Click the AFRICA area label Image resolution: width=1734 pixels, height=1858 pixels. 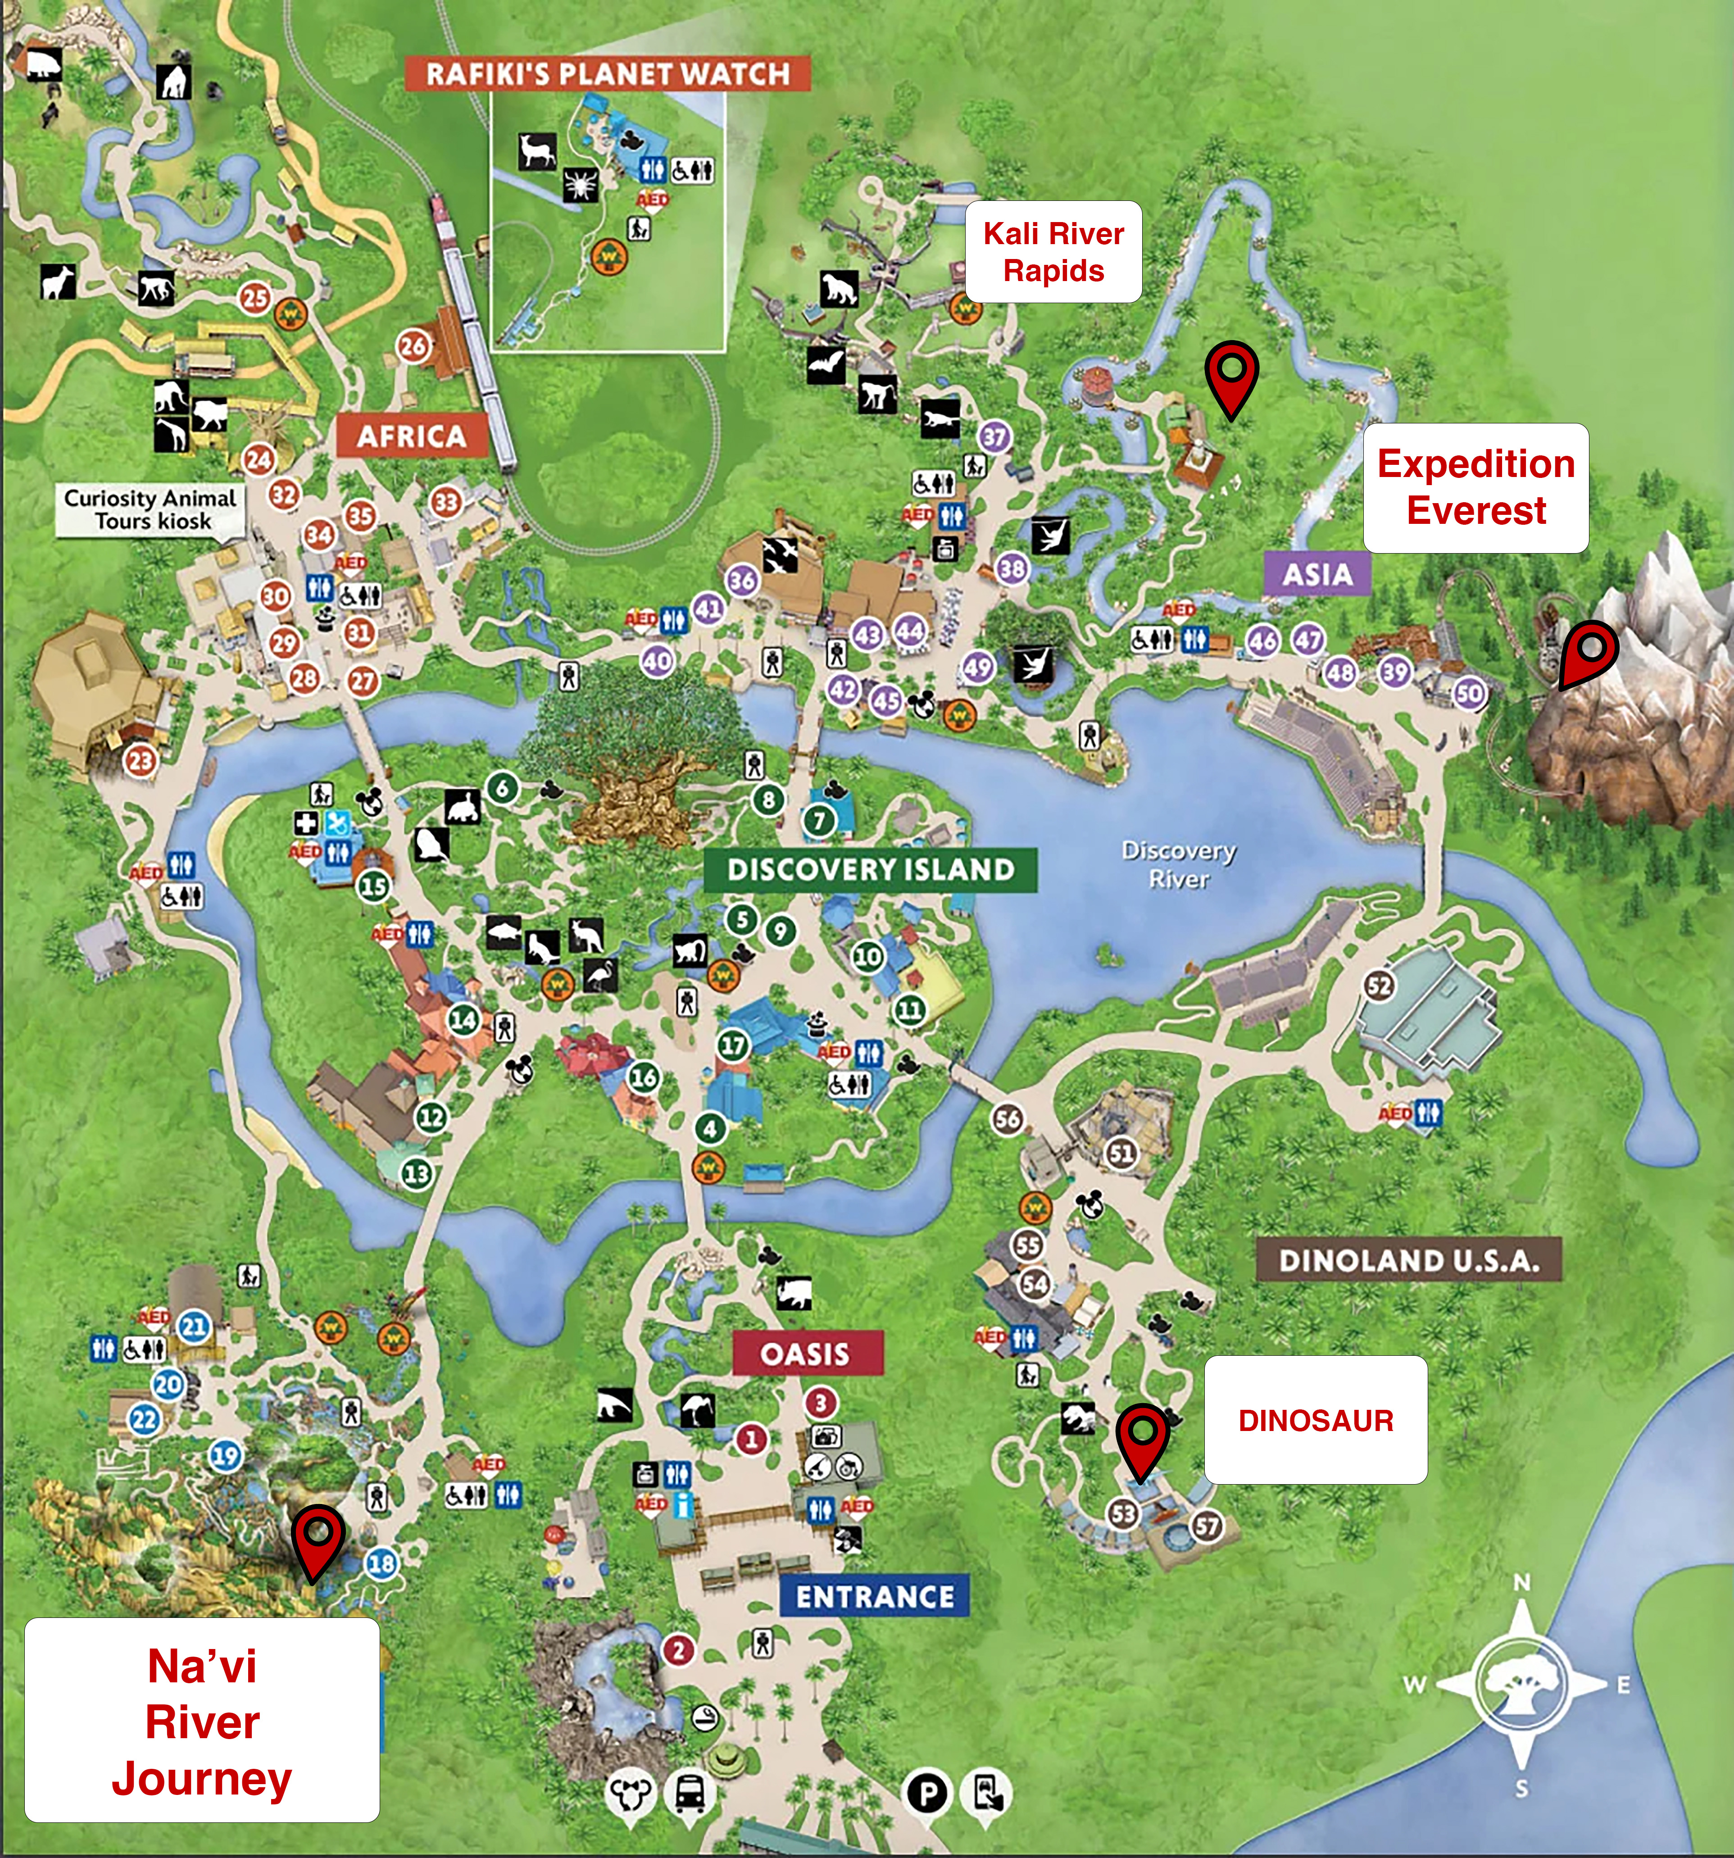point(411,436)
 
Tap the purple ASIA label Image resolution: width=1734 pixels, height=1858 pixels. point(1317,574)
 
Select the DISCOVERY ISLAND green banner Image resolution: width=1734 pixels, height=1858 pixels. point(870,870)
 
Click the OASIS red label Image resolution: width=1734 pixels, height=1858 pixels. point(806,1354)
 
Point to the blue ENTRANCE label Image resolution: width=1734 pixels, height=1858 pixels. point(875,1596)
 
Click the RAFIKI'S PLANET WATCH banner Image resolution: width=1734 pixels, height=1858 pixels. point(608,74)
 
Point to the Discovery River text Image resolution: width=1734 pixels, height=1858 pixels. point(1179,864)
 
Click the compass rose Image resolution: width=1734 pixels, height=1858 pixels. point(1521,1685)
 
